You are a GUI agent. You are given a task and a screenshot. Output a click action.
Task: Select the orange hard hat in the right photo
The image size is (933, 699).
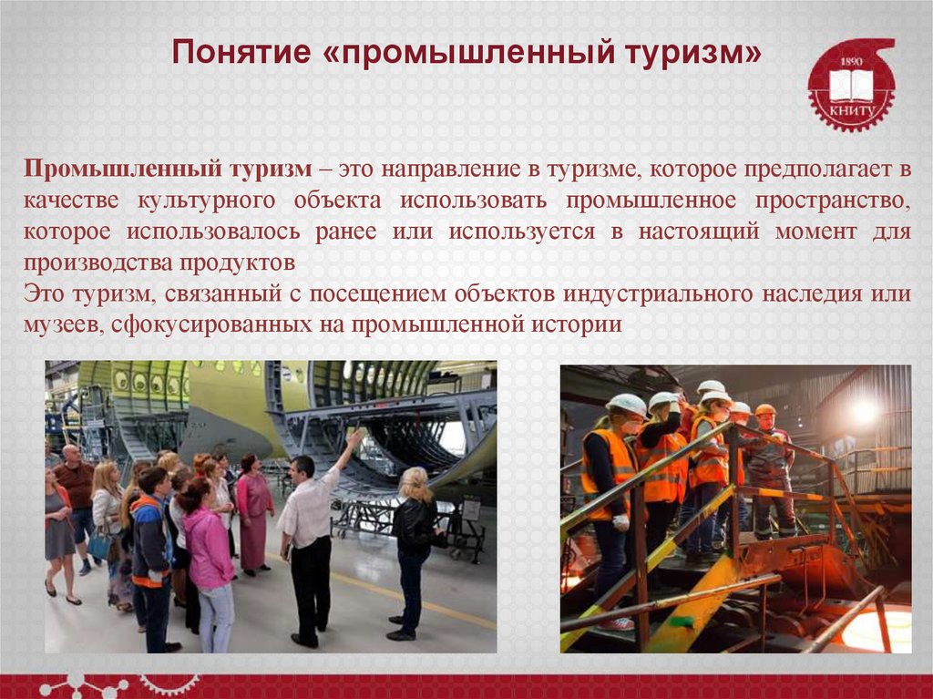point(765,409)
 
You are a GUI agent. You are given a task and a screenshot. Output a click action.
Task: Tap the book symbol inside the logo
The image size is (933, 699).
point(851,85)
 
